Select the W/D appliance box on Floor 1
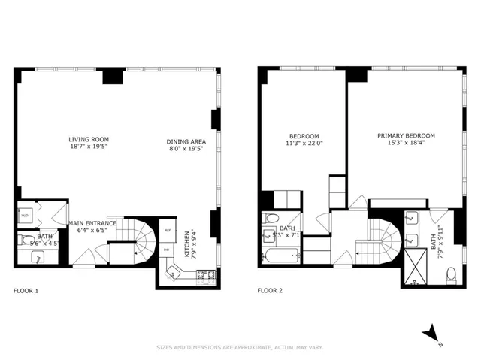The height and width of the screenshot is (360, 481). (24, 216)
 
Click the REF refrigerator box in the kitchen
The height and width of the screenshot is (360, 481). (168, 231)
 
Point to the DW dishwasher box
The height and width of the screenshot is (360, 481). (167, 250)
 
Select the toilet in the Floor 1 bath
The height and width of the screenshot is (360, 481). (28, 241)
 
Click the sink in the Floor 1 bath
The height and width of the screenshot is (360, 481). (38, 257)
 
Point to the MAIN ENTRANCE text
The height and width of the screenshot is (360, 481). (92, 223)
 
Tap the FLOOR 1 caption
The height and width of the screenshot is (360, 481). (26, 290)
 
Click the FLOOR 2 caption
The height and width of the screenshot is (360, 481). (270, 290)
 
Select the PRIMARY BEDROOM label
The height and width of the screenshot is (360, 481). (406, 136)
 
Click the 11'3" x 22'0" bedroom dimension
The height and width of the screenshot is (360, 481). (304, 143)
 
